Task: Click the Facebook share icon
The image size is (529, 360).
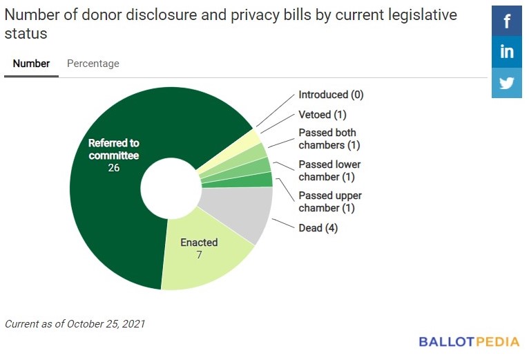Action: (506, 21)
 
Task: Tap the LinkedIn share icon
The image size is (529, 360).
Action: (506, 52)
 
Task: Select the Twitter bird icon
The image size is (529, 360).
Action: (506, 83)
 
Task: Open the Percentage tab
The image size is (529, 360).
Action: (93, 64)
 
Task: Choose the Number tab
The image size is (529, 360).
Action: (31, 64)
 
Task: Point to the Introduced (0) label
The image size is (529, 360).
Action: (331, 95)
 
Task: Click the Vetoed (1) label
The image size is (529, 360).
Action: (322, 114)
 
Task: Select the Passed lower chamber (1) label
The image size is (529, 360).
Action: (329, 171)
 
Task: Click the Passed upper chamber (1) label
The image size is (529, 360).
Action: (329, 202)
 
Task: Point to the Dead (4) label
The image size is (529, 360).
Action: (318, 227)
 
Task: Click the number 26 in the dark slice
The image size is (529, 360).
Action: (114, 168)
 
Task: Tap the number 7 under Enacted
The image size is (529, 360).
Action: (199, 255)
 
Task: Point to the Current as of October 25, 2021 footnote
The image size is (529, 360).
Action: (75, 323)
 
